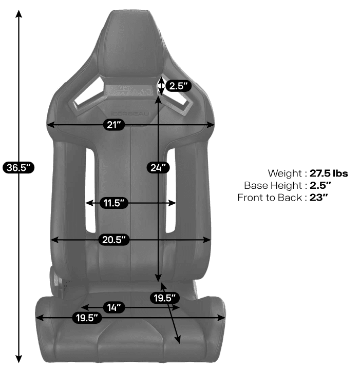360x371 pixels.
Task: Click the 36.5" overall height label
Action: click(18, 167)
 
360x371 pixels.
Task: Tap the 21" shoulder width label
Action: click(114, 125)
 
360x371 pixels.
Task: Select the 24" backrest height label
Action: click(158, 167)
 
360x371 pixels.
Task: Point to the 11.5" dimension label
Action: click(114, 203)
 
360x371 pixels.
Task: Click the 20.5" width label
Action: click(114, 240)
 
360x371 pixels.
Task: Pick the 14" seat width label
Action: click(114, 307)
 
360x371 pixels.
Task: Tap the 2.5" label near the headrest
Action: click(178, 86)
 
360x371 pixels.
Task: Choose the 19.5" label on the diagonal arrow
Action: click(165, 298)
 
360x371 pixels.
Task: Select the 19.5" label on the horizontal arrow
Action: click(87, 318)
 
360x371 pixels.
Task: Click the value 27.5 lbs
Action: click(329, 173)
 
